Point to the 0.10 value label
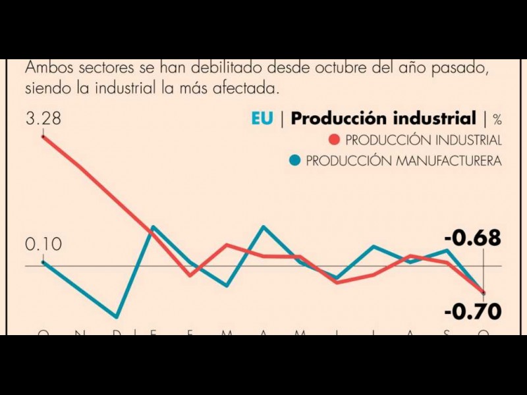tap(43, 245)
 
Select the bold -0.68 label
tap(472, 238)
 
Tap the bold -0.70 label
tap(472, 311)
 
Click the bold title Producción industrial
tap(383, 119)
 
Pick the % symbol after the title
tap(497, 120)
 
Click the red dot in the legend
tap(334, 140)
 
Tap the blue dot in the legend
tap(295, 161)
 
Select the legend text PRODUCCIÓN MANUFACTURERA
tap(404, 161)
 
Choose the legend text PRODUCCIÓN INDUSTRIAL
tap(424, 140)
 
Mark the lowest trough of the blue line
tap(117, 317)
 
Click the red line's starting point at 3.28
tap(43, 136)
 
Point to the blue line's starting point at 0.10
tap(43, 262)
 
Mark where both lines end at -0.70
tap(484, 292)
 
